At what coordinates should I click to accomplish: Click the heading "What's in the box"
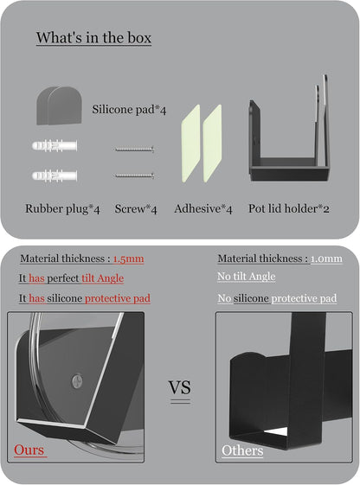click(93, 38)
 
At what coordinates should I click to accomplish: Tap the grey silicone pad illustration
click(59, 105)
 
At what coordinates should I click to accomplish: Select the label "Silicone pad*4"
click(129, 110)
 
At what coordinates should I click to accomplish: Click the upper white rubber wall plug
click(55, 146)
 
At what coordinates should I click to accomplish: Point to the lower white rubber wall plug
click(55, 176)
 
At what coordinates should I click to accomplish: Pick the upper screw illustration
click(134, 150)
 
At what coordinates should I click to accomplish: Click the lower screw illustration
click(134, 175)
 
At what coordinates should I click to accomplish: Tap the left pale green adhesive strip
click(190, 144)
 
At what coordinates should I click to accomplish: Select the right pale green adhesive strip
click(212, 144)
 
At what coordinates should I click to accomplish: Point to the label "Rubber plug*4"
click(62, 209)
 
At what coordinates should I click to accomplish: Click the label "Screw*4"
click(136, 209)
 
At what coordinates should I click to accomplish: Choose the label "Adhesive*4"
click(203, 209)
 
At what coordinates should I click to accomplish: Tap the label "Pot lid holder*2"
click(289, 208)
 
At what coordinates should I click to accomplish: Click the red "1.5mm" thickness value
click(128, 258)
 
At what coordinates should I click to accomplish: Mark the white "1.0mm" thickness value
click(326, 258)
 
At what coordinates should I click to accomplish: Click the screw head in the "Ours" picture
click(77, 380)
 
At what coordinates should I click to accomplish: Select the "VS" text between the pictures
click(180, 387)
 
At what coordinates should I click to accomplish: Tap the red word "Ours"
click(29, 450)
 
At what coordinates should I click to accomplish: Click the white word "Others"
click(242, 450)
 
